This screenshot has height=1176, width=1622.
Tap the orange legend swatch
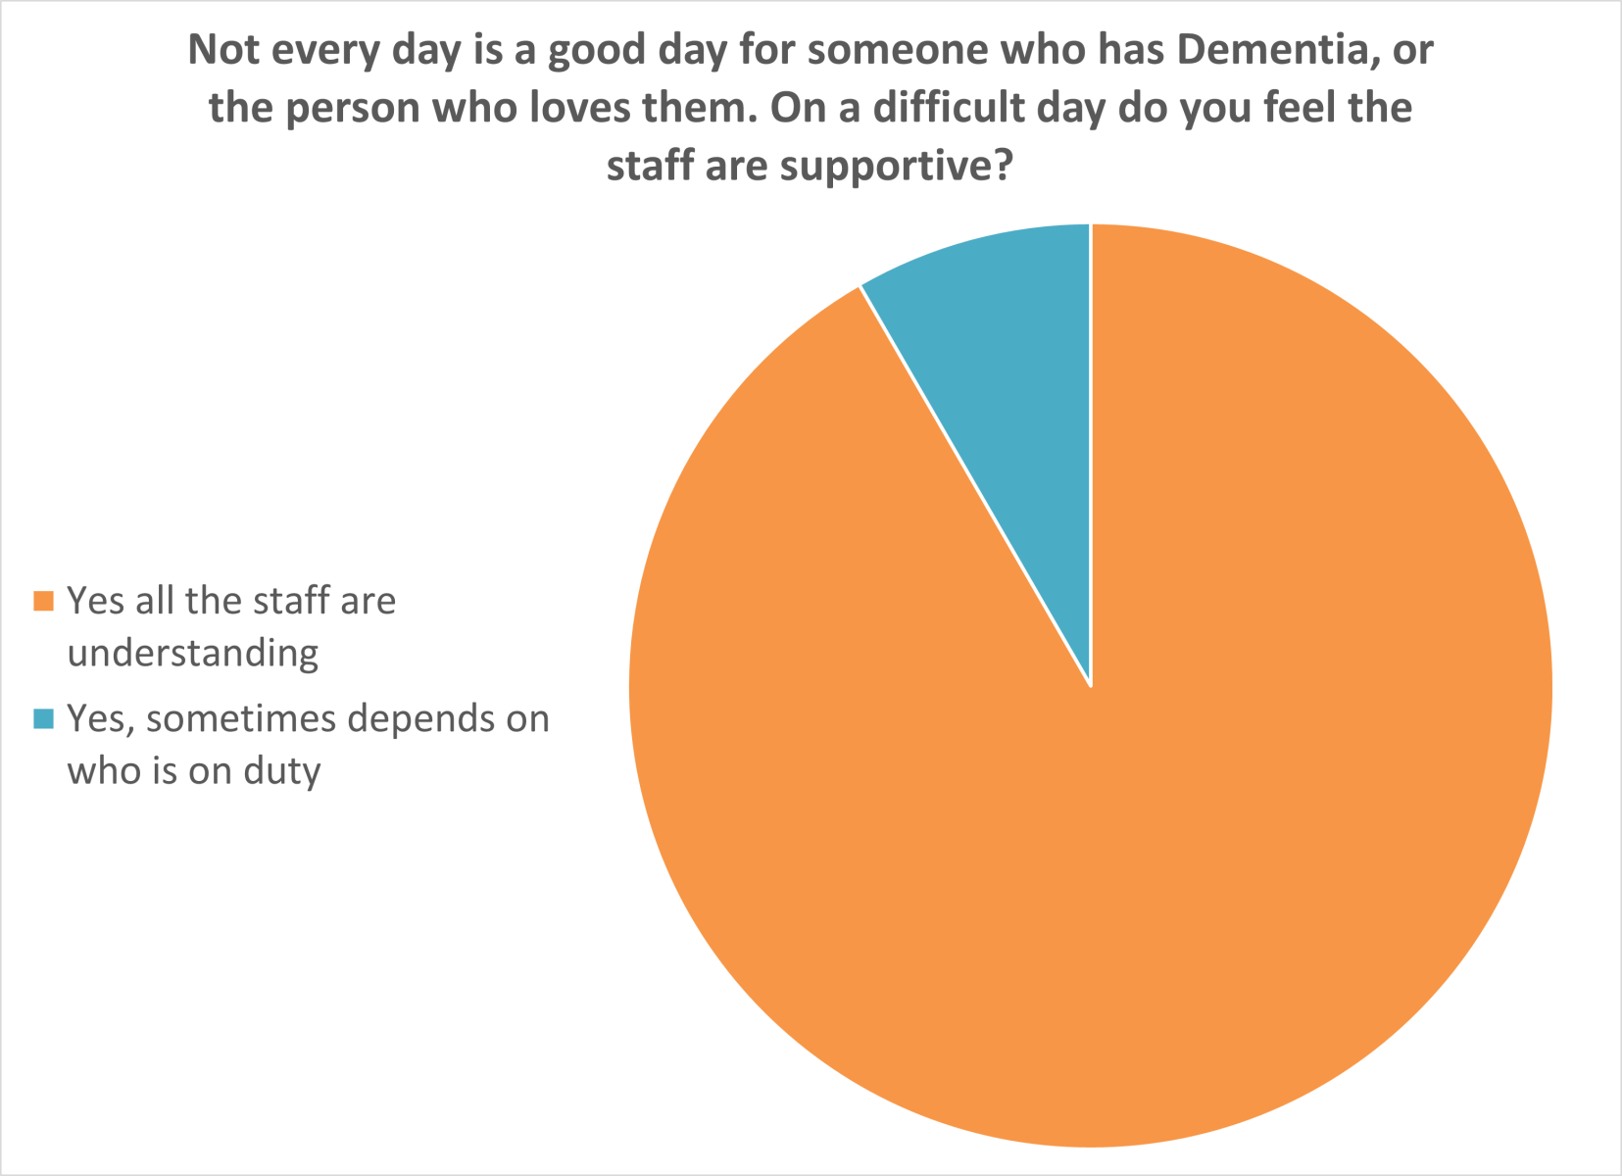pyautogui.click(x=42, y=601)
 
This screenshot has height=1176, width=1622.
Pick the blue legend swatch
pyautogui.click(x=42, y=719)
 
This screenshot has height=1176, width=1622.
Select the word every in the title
pyautogui.click(x=322, y=50)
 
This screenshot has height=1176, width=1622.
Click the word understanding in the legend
pyautogui.click(x=193, y=653)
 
